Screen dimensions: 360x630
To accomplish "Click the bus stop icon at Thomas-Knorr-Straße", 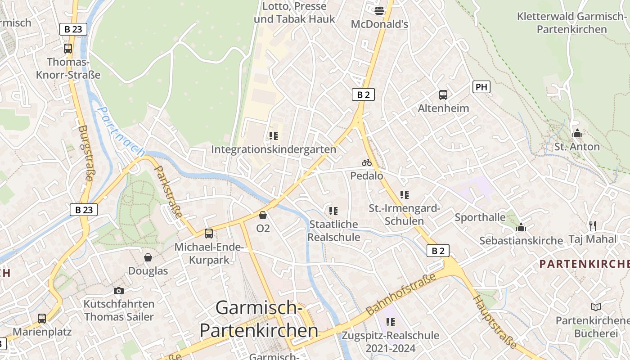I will pos(68,49).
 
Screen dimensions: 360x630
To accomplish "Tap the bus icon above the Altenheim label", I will pos(443,95).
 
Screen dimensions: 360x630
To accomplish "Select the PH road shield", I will pos(481,87).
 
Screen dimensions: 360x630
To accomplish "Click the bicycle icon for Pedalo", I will pos(367,162).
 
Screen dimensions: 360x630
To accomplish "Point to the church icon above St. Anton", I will pos(577,133).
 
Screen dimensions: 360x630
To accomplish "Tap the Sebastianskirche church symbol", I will pos(521,227).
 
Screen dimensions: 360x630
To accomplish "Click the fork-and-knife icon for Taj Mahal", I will pos(593,225).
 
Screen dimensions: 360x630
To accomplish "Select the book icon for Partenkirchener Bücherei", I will pos(596,307).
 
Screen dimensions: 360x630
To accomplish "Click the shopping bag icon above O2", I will pos(263,215).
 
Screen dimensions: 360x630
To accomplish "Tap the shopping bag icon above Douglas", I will pos(148,257).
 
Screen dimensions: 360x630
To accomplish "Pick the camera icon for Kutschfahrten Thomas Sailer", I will pos(119,291).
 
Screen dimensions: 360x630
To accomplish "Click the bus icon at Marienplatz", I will pos(42,319).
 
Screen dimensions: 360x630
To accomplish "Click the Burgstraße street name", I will pos(85,153).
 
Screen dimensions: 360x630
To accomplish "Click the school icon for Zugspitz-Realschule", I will pos(390,322).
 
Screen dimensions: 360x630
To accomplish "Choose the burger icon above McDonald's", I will pos(379,11).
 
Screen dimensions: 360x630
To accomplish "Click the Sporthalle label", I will pos(480,217).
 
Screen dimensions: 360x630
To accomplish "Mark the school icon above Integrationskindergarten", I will pos(273,135).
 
